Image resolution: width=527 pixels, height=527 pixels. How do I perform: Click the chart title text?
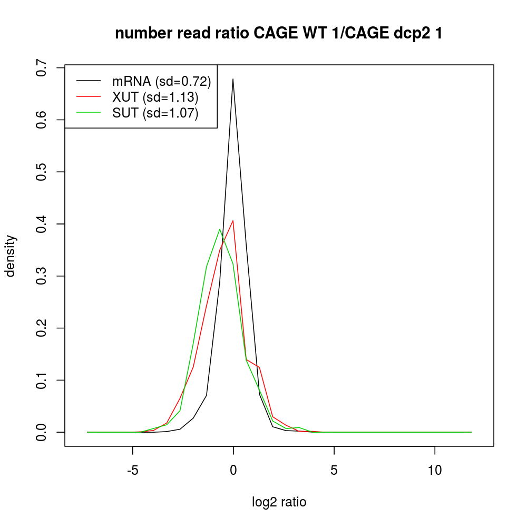[279, 33]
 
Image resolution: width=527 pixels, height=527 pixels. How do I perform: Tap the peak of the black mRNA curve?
[232, 79]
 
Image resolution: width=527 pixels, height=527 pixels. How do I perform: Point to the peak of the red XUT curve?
[233, 221]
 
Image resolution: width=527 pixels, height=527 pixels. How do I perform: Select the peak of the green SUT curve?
[220, 229]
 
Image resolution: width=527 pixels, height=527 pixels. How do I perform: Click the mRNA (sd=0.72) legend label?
[162, 81]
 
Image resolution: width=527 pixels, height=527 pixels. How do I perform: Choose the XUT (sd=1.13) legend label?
[155, 97]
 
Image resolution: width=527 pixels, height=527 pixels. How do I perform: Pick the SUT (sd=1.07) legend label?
[155, 113]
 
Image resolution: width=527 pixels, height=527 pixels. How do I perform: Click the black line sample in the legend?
[89, 81]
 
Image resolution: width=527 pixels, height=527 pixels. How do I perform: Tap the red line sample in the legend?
[89, 97]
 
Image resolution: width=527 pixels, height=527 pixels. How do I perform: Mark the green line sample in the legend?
[89, 113]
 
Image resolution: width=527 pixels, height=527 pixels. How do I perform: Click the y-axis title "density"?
[11, 256]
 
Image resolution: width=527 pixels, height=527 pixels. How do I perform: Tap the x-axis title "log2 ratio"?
[279, 502]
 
